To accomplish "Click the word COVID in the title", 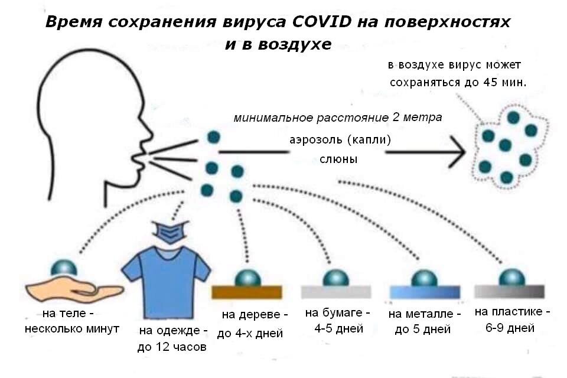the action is point(321,22).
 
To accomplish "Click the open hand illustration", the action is point(74,289).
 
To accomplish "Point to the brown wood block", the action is point(247,292).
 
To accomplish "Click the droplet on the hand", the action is point(64,268).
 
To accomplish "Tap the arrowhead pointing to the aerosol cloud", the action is point(457,152).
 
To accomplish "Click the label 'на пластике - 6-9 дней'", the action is point(511,320).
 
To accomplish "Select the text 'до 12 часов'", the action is point(172,347).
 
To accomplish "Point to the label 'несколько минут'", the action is point(72,329).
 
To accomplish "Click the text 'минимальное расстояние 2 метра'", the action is point(338,118).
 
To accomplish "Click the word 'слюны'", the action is point(338,159).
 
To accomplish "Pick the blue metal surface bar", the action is point(425,292).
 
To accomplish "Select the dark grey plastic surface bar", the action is point(509,291).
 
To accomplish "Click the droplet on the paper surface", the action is point(336,278).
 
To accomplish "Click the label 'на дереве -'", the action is point(255,315).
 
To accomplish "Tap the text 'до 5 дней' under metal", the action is point(423,330).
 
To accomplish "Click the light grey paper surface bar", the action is point(336,292).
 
